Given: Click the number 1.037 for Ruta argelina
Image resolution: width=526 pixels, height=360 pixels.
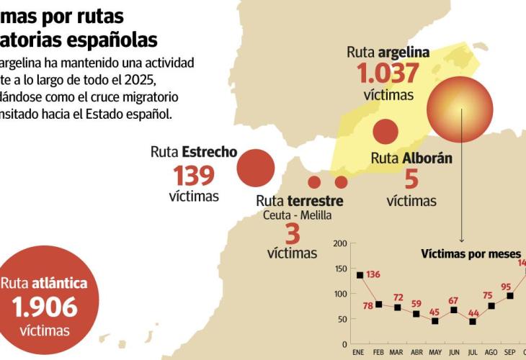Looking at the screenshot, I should (388, 73).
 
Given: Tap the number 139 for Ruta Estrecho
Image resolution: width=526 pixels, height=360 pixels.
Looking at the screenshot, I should (194, 175).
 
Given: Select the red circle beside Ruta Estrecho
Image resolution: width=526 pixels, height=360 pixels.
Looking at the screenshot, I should (256, 167).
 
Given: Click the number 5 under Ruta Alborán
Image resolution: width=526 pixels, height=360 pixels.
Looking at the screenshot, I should (411, 180).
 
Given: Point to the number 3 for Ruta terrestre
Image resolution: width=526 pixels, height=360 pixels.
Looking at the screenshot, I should (292, 233).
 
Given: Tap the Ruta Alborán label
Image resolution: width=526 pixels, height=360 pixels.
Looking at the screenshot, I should (411, 158).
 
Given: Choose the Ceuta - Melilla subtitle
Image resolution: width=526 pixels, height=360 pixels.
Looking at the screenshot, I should (291, 215).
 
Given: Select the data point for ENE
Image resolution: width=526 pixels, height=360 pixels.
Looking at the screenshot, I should (360, 275).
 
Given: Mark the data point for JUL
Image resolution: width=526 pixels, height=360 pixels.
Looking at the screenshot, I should (472, 321).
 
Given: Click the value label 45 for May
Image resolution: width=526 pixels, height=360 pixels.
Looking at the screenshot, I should (434, 312).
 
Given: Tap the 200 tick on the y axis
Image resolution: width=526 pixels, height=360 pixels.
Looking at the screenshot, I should (339, 243).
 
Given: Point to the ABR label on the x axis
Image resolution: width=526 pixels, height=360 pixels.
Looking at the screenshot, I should (416, 351).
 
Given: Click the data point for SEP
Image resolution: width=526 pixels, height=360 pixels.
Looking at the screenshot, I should (509, 296).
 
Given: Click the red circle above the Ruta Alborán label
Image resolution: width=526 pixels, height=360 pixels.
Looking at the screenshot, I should (385, 132).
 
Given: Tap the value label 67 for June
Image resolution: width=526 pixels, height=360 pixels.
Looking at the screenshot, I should (453, 300).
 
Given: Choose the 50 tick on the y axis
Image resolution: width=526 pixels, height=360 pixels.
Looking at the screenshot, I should (342, 319).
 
